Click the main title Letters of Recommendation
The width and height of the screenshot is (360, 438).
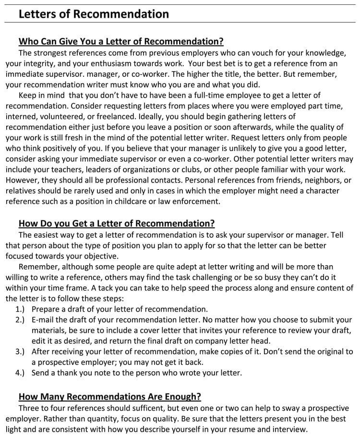[94, 14]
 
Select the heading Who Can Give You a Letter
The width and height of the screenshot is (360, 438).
[121, 41]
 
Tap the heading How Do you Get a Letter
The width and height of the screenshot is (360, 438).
[117, 223]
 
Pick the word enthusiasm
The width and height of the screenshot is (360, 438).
[108, 63]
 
